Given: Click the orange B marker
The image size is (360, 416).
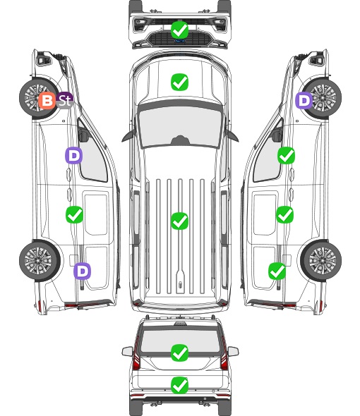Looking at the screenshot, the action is pyautogui.click(x=47, y=101).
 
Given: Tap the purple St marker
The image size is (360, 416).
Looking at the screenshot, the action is pyautogui.click(x=64, y=100).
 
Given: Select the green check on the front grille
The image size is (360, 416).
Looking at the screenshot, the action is pyautogui.click(x=179, y=30).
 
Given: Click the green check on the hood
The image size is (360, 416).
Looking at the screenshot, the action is pyautogui.click(x=179, y=82).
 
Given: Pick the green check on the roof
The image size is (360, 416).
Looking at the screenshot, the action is pyautogui.click(x=179, y=221).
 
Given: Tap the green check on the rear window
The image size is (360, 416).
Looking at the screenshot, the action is pyautogui.click(x=179, y=353).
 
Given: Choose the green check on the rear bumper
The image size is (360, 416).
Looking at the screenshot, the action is pyautogui.click(x=179, y=385).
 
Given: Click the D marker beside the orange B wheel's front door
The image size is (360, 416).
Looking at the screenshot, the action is pyautogui.click(x=74, y=155).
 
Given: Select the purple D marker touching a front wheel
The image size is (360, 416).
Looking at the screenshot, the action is pyautogui.click(x=304, y=101).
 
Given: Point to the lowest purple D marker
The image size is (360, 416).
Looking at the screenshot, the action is pyautogui.click(x=83, y=271).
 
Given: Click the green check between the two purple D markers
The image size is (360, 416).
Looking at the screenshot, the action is pyautogui.click(x=74, y=214).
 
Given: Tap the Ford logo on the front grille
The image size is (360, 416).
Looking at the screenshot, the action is pyautogui.click(x=179, y=41).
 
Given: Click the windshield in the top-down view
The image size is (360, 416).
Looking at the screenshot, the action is pyautogui.click(x=180, y=126).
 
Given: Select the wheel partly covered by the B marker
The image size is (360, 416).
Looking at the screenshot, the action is pyautogui.click(x=39, y=98).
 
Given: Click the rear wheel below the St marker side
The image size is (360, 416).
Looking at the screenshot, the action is pyautogui.click(x=40, y=260).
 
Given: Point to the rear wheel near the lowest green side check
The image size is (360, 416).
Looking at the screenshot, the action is pyautogui.click(x=321, y=260).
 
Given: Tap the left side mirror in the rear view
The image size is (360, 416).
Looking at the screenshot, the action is pyautogui.click(x=127, y=352).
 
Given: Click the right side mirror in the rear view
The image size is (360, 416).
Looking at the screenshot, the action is pyautogui.click(x=233, y=352).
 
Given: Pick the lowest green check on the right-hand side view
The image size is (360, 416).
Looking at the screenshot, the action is pyautogui.click(x=277, y=271).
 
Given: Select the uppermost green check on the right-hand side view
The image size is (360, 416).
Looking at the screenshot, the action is pyautogui.click(x=286, y=156).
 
